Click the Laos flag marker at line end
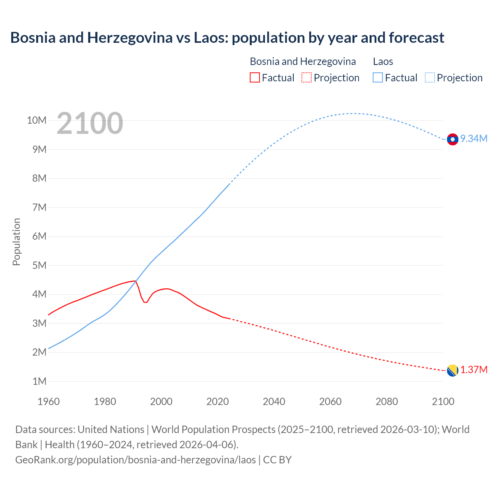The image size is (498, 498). [452, 139]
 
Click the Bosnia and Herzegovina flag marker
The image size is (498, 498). [452, 371]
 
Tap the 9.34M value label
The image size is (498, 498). [473, 139]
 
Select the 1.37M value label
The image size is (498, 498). [473, 370]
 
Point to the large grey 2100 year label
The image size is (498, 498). [90, 123]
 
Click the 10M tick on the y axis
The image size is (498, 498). [37, 121]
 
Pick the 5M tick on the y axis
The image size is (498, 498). [39, 266]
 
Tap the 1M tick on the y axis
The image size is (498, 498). [39, 382]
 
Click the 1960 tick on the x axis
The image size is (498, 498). [49, 402]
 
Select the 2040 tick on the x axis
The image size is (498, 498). [274, 402]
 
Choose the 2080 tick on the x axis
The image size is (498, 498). [387, 402]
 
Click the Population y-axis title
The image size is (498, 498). [16, 242]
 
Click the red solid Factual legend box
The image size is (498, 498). [254, 77]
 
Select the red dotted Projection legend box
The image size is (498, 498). [307, 77]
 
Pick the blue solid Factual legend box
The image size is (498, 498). [378, 77]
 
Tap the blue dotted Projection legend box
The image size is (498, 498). [430, 77]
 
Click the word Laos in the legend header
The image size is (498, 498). [383, 61]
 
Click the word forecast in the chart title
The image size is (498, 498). [416, 38]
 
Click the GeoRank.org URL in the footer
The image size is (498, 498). [135, 460]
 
